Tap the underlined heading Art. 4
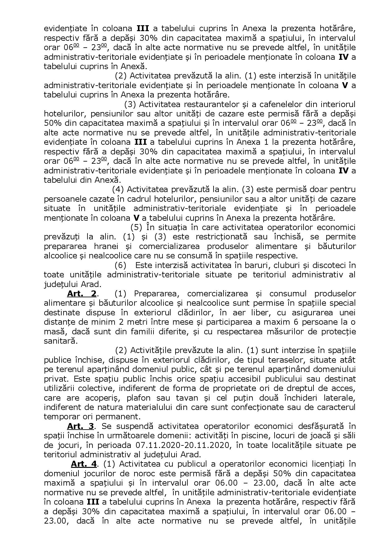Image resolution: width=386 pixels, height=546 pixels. [x=84, y=464]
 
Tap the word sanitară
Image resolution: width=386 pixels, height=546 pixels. [x=59, y=341]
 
